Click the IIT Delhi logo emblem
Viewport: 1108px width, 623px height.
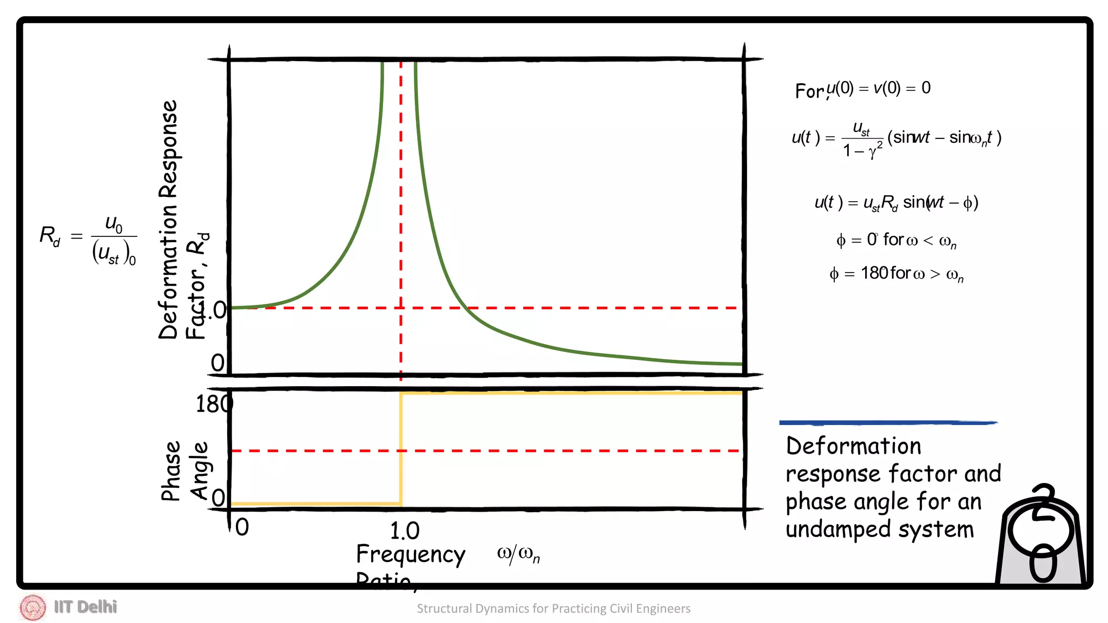coord(32,607)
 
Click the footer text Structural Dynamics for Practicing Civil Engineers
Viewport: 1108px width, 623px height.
coord(553,608)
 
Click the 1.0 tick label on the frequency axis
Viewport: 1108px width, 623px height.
coord(404,531)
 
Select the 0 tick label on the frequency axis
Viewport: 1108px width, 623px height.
coord(242,527)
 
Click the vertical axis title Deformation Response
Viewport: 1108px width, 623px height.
coord(168,219)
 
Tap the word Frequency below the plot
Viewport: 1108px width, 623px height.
coord(410,554)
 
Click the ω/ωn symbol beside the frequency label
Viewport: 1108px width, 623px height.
coord(518,554)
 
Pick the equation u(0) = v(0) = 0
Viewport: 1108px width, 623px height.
coord(878,88)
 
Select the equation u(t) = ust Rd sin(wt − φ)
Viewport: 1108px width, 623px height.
coord(896,203)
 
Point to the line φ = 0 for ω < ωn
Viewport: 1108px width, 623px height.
coord(896,240)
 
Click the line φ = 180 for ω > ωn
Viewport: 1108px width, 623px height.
coord(896,274)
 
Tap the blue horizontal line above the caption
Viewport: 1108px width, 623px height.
coord(887,422)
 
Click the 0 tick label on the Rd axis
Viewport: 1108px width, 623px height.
coord(217,363)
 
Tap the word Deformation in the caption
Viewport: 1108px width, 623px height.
coord(853,446)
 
